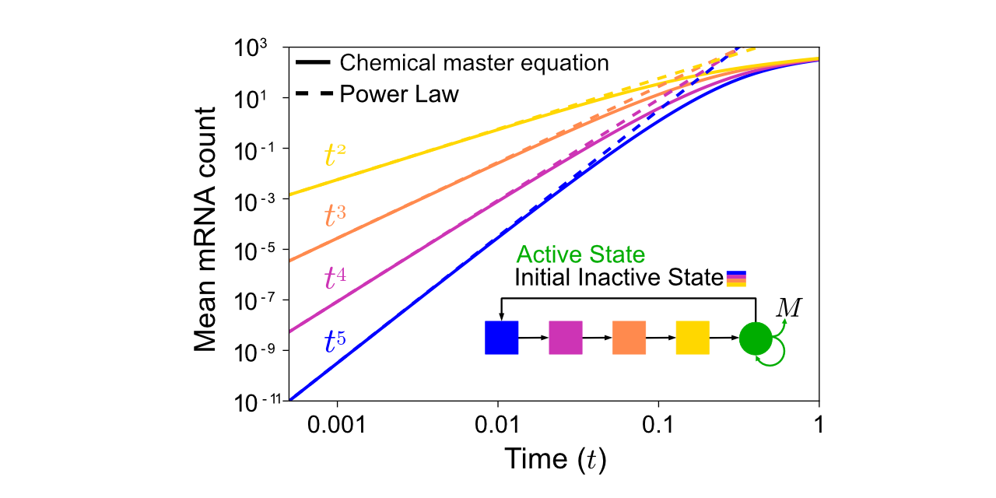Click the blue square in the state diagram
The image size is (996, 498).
501,338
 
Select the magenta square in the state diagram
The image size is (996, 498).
566,338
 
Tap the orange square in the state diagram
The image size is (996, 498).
629,338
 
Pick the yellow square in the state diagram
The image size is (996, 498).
693,338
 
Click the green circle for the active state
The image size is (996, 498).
756,338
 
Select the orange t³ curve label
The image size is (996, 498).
335,216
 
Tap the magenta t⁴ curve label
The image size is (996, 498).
335,278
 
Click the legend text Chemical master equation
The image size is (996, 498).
474,62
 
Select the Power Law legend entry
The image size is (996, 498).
399,94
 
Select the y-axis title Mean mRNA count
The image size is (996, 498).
205,226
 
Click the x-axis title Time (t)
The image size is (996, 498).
555,459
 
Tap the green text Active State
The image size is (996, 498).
581,254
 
